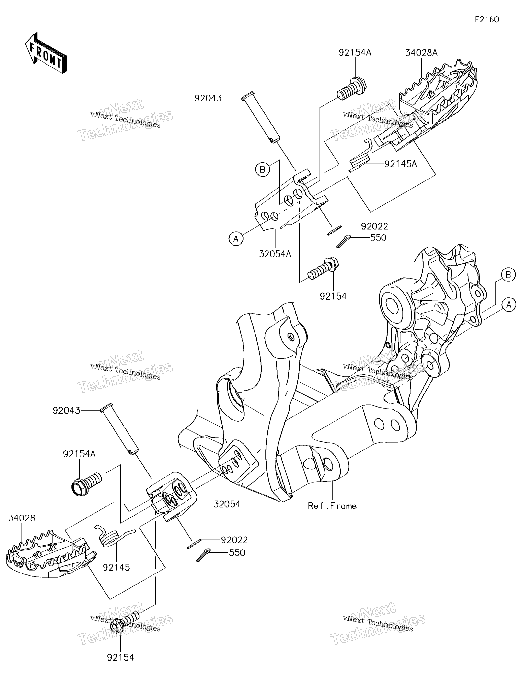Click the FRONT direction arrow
(x=46, y=53)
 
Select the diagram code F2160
(x=487, y=20)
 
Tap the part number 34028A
(x=421, y=53)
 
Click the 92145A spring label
(x=401, y=164)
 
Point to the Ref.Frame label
(x=332, y=506)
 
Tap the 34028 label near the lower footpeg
(x=22, y=518)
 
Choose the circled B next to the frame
(x=508, y=275)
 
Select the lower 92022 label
(x=234, y=540)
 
